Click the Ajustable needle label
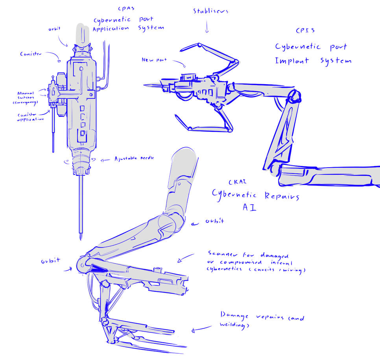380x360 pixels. pyautogui.click(x=134, y=159)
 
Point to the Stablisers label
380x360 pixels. pyautogui.click(x=210, y=11)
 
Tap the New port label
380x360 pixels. pyautogui.click(x=154, y=60)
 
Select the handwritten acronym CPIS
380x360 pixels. pyautogui.click(x=305, y=30)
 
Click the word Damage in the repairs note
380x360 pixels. pyautogui.click(x=235, y=315)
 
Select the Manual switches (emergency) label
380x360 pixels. pyautogui.click(x=28, y=98)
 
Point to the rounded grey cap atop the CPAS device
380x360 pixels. pyautogui.click(x=82, y=33)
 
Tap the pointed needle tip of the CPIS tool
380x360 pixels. pyautogui.click(x=145, y=85)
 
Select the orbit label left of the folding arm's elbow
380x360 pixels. pyautogui.click(x=50, y=260)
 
